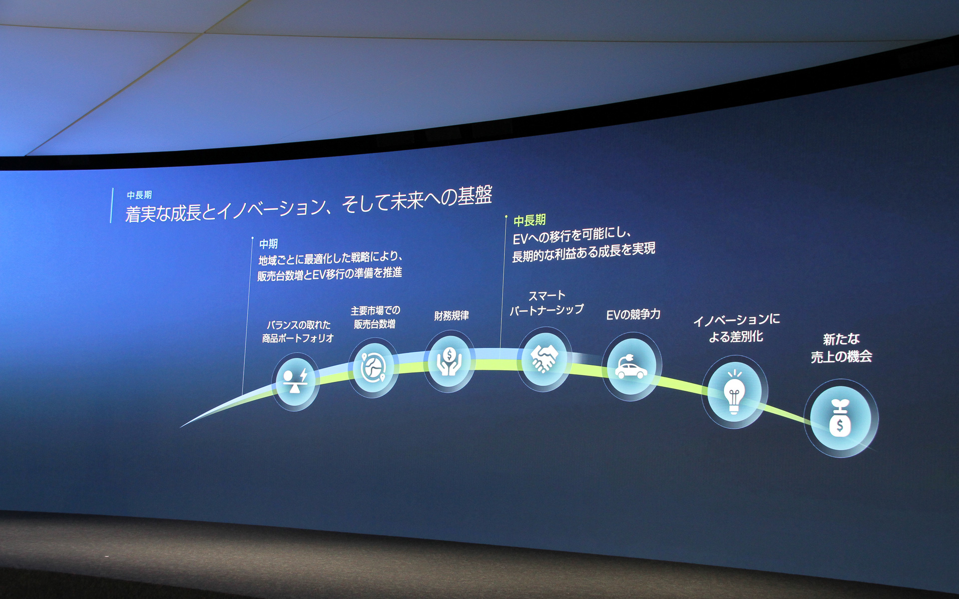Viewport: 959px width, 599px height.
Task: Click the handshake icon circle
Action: (544, 359)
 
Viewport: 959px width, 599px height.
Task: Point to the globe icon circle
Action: (373, 368)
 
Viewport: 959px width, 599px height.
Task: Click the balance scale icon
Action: (295, 381)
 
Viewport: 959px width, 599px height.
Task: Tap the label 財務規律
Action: (452, 316)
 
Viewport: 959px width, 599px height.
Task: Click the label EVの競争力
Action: (633, 314)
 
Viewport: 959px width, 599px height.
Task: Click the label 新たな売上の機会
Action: (841, 348)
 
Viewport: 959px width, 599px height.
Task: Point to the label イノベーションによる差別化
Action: (736, 328)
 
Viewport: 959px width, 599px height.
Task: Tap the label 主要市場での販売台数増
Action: (375, 317)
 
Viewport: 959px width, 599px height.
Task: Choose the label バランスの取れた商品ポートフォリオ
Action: (298, 331)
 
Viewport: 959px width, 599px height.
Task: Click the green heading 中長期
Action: (529, 220)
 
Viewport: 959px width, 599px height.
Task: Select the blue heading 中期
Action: (268, 244)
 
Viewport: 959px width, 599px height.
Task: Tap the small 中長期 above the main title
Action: (139, 195)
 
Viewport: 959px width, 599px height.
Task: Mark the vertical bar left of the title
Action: (112, 205)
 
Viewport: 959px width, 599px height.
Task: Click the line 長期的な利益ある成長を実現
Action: (583, 252)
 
